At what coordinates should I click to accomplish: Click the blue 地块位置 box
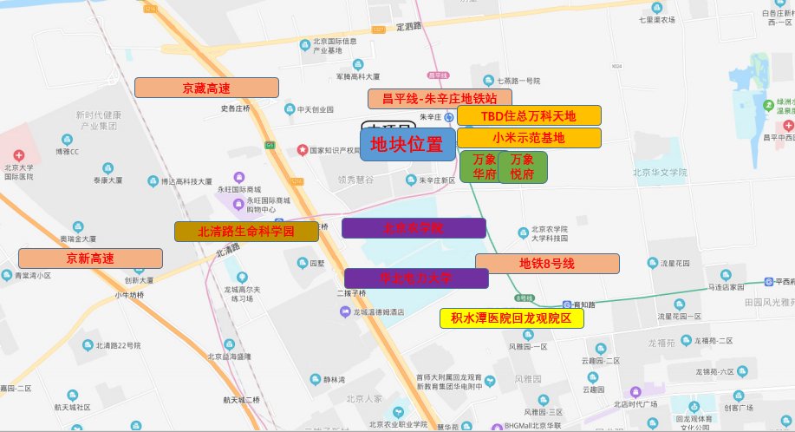click(407, 144)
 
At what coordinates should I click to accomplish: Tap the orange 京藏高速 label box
click(206, 88)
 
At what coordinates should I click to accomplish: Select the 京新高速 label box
click(90, 259)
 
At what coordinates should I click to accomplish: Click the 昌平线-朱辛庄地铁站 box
click(440, 98)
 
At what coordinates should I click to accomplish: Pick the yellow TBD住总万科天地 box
click(528, 115)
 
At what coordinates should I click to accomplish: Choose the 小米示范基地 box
click(528, 137)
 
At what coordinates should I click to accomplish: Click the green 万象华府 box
click(484, 167)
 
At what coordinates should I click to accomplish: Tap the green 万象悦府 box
click(522, 167)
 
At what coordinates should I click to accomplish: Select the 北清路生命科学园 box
click(246, 232)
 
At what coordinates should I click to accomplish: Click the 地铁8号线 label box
click(546, 264)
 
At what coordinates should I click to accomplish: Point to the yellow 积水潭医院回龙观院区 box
click(512, 318)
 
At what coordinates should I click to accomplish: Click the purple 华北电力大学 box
click(416, 278)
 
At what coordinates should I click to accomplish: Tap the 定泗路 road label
click(408, 26)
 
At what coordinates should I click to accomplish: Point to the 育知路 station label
click(583, 304)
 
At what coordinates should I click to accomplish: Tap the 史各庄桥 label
click(235, 108)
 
